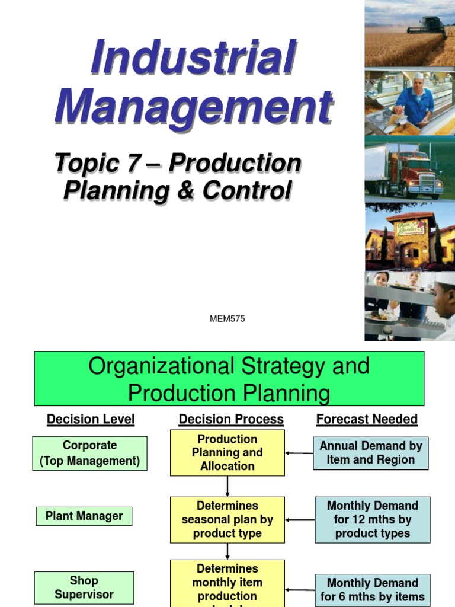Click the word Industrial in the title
coord(193,58)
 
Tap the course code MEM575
coord(227,319)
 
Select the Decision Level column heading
coord(91,420)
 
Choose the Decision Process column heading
coord(231,420)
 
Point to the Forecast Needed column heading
coord(367,420)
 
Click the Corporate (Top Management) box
coord(90,453)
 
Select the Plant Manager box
coord(84,516)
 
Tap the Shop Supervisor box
coord(84,587)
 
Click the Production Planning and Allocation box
coord(227,453)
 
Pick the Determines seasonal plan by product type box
coord(227,520)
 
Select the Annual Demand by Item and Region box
coord(370,453)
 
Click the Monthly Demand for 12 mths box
coord(373,520)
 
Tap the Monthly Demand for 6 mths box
coord(373,590)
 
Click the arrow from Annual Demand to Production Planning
coord(299,453)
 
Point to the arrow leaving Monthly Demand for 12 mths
coord(300,520)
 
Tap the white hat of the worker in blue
coord(419,76)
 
